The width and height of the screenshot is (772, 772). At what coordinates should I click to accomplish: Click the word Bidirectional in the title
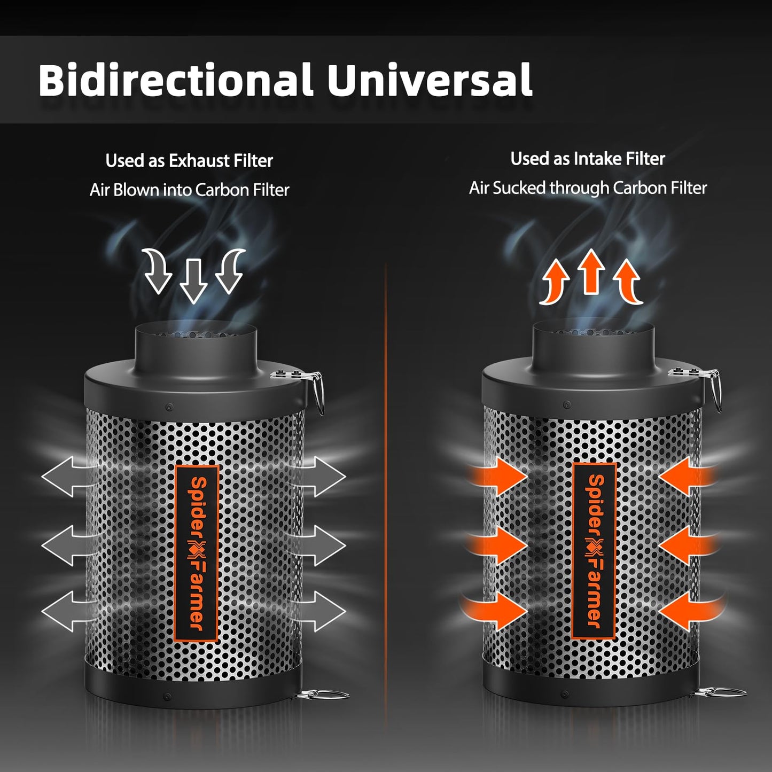tap(175, 80)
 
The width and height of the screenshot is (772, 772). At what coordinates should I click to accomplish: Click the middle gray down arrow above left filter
tap(193, 280)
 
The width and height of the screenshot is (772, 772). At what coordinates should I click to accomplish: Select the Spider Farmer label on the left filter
tap(197, 553)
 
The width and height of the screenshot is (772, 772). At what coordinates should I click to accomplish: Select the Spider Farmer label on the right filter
tap(594, 550)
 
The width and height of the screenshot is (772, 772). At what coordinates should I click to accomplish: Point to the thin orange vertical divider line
tap(385, 481)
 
